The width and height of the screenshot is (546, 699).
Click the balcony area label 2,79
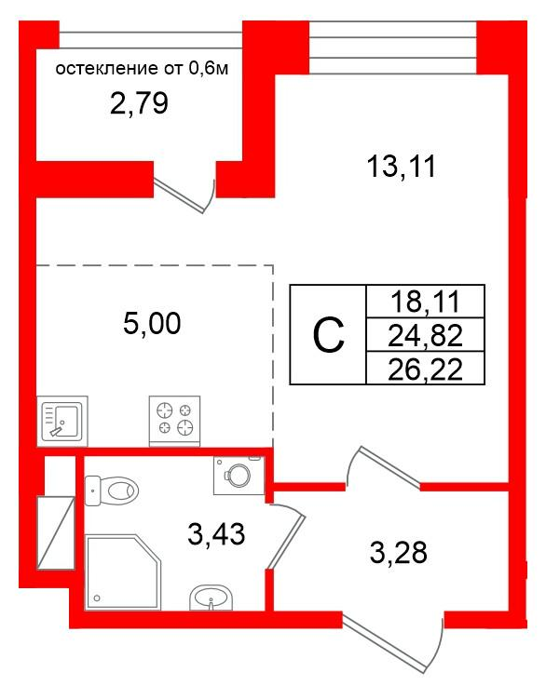[139, 103]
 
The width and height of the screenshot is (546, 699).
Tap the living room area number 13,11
[401, 167]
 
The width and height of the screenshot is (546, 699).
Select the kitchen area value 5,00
[152, 323]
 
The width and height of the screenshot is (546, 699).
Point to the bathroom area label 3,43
[216, 533]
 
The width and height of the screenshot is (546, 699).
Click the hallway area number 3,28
[398, 552]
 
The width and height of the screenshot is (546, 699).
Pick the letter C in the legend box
[329, 336]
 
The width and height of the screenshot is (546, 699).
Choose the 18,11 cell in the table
[425, 302]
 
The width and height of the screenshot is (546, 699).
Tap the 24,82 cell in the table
[425, 335]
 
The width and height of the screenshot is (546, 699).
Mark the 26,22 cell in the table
[425, 369]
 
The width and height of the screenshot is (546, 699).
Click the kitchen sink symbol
[62, 421]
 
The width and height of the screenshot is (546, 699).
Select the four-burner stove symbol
[174, 421]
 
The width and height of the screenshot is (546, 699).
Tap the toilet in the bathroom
[111, 491]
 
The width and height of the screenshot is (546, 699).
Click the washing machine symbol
[239, 476]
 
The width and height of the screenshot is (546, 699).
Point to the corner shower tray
[122, 571]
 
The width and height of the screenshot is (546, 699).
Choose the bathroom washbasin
[212, 598]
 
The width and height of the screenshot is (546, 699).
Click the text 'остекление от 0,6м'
[142, 69]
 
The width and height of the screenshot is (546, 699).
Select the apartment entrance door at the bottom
[393, 641]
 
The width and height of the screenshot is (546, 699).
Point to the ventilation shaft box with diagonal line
[55, 532]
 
